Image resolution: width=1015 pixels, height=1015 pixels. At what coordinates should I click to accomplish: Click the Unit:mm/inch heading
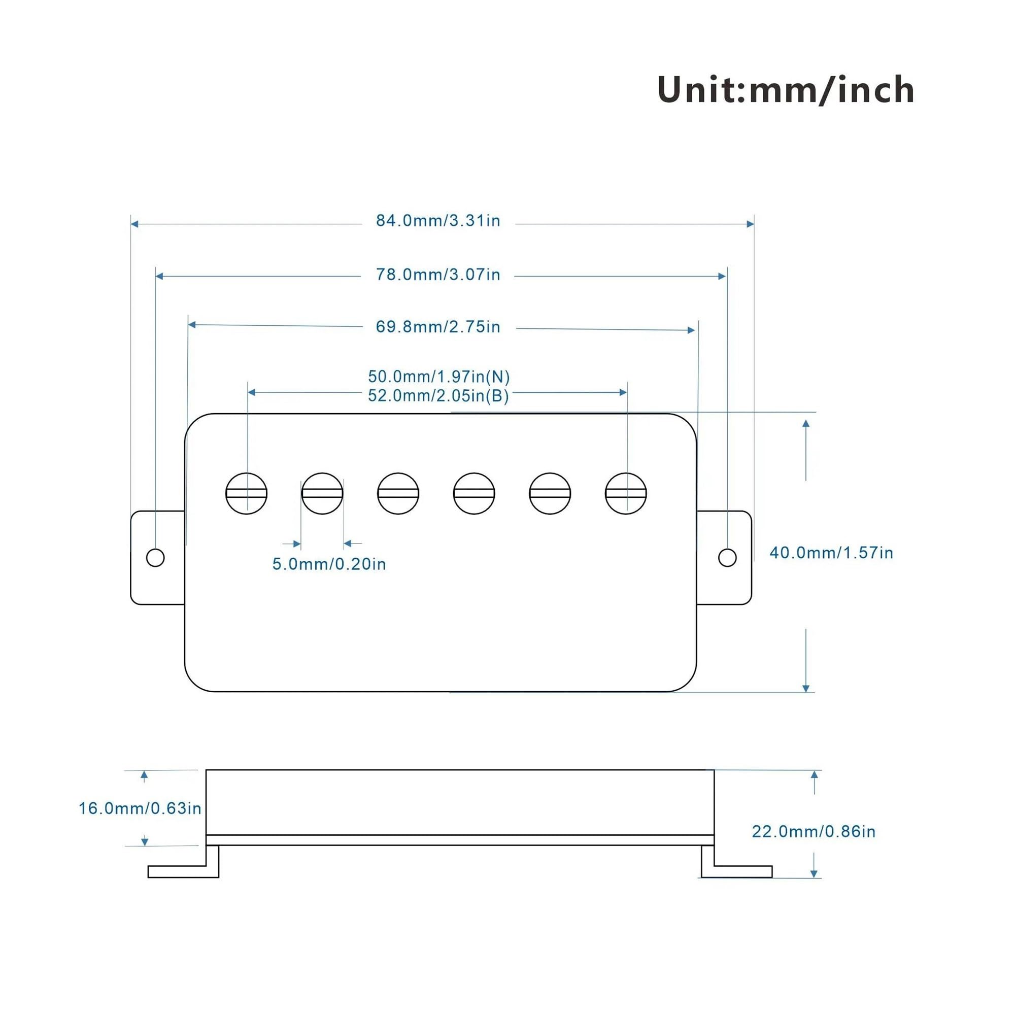point(786,89)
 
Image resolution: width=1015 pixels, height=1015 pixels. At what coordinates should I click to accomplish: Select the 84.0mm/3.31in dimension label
point(438,221)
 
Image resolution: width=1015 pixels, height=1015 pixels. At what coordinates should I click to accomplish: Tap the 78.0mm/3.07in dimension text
point(438,274)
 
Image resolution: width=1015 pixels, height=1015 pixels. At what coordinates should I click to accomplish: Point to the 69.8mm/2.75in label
point(438,327)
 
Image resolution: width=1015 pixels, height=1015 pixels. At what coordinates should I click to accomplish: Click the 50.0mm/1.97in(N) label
point(438,376)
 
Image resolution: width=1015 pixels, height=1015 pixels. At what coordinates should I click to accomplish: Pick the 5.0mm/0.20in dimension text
point(329,564)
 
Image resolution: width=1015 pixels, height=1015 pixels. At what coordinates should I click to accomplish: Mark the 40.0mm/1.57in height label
point(831,553)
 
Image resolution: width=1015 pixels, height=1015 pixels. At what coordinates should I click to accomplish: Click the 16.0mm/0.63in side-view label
point(140,808)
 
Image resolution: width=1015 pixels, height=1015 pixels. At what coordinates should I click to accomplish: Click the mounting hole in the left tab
point(155,557)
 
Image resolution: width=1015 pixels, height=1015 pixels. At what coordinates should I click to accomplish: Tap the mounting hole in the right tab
point(727,557)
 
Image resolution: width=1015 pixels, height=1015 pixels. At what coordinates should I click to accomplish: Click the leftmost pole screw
point(247,493)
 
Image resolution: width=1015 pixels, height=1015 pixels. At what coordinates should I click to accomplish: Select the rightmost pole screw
point(626,493)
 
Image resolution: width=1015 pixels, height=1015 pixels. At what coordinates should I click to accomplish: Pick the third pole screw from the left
point(398,493)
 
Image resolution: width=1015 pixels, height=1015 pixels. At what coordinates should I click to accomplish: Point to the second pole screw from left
point(322,493)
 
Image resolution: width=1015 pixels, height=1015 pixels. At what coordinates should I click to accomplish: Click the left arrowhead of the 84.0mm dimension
point(134,224)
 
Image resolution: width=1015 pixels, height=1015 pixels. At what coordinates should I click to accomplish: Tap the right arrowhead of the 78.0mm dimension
point(722,277)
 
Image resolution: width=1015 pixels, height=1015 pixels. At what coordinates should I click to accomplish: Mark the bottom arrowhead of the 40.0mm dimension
point(806,688)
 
